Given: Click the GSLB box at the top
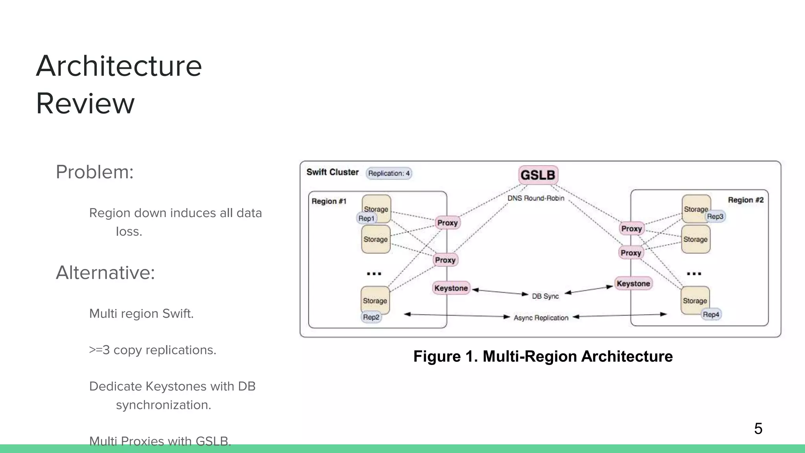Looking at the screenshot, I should [x=538, y=175].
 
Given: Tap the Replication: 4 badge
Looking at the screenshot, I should [x=389, y=173].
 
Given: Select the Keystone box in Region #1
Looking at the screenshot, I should [x=451, y=288].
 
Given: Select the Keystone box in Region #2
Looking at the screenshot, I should [x=633, y=284].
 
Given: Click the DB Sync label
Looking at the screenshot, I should [x=545, y=296].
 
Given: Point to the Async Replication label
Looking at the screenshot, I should [x=541, y=318].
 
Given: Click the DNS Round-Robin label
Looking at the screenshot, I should [x=535, y=198].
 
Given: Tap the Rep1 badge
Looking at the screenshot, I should [x=366, y=218].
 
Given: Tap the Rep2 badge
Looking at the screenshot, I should [x=371, y=317].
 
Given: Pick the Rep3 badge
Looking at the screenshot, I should [x=715, y=216].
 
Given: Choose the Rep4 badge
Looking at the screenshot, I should [x=711, y=315].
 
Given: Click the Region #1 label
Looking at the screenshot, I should [x=329, y=201].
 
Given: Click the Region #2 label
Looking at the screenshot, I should [x=745, y=200].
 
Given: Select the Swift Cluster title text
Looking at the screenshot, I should [x=333, y=172].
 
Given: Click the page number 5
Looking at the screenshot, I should [x=758, y=428].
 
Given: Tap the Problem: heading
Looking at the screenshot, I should [x=95, y=172].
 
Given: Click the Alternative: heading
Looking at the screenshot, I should [x=105, y=273].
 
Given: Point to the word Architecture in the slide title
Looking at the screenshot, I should [x=119, y=66].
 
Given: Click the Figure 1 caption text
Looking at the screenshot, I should [x=543, y=356].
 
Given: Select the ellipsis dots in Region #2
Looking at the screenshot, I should [x=694, y=273].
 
